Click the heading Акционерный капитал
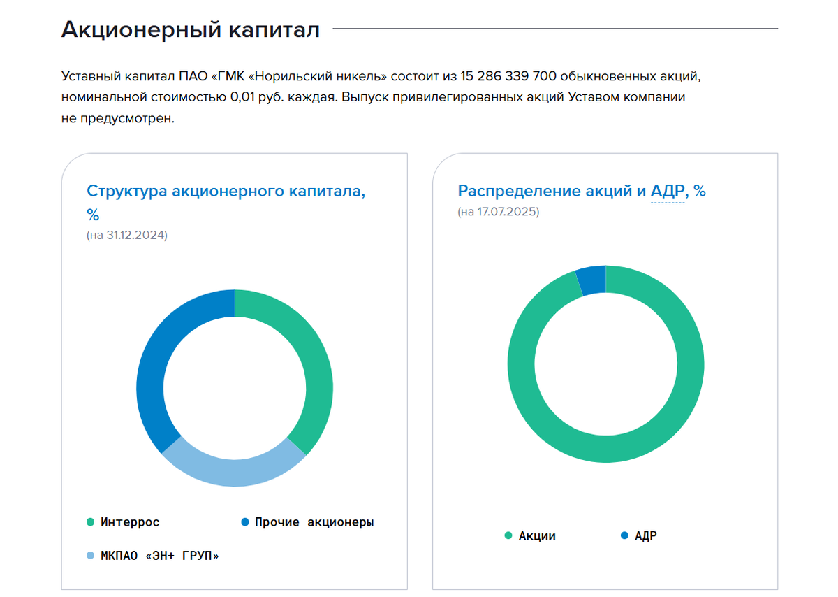click(190, 29)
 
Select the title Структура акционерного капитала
click(226, 192)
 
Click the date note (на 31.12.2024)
click(126, 236)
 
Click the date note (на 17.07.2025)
click(499, 212)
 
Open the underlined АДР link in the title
click(667, 191)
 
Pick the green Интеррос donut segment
click(313, 364)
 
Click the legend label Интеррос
click(130, 522)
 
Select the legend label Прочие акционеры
click(314, 522)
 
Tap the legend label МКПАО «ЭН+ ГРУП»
click(159, 556)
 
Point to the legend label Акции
click(537, 536)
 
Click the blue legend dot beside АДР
click(624, 536)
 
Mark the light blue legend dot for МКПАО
click(90, 556)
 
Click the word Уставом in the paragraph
click(575, 97)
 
